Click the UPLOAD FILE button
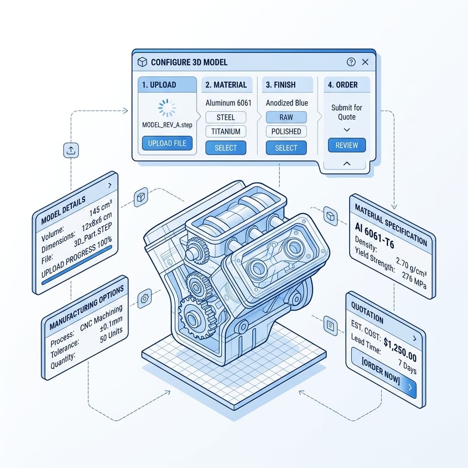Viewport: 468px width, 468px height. coord(167,143)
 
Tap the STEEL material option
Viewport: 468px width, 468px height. coord(226,117)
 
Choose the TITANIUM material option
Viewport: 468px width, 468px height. coord(226,131)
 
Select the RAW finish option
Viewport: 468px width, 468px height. coord(286,117)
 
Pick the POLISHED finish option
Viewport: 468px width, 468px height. coord(286,131)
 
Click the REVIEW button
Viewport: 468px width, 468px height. coord(347,145)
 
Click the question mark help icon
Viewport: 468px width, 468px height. coord(351,62)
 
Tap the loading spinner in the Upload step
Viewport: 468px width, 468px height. coord(167,108)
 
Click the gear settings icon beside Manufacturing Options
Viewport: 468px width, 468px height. coord(144,298)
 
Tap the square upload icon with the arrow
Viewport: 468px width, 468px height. coord(71,150)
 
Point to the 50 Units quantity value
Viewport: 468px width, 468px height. coord(111,335)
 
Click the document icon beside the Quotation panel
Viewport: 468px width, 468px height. coord(330,325)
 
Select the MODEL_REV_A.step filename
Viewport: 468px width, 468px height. coord(167,125)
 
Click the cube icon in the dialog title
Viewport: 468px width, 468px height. coord(143,62)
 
